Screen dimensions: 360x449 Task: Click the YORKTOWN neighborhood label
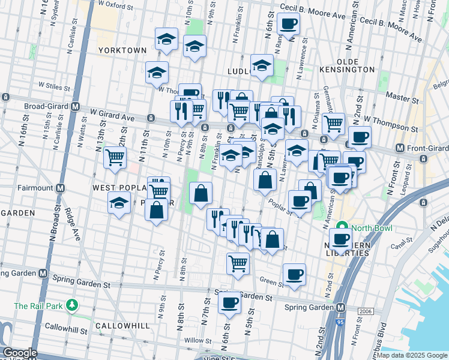click(122, 50)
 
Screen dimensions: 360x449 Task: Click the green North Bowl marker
click(343, 227)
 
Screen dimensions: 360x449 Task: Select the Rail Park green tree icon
click(72, 305)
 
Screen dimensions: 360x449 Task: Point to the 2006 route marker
click(366, 311)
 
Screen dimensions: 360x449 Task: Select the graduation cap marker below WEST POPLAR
click(119, 203)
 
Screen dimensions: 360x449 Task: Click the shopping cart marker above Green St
click(238, 263)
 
